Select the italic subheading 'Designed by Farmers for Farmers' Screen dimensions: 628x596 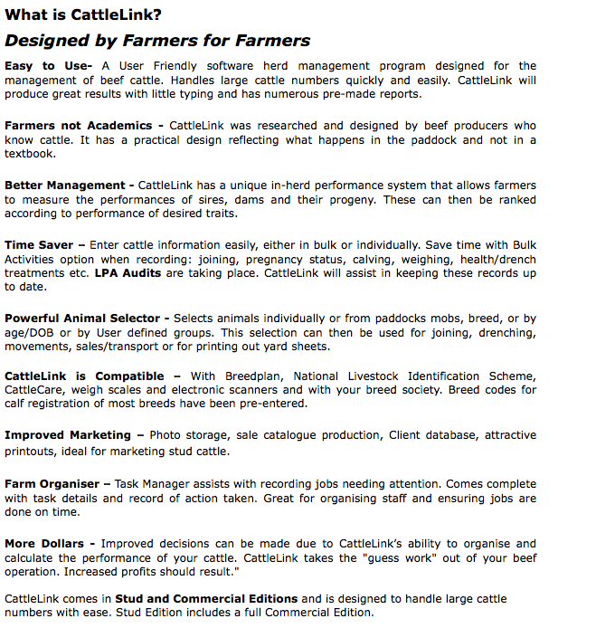click(x=157, y=41)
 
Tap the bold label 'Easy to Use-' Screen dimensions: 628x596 click(x=48, y=66)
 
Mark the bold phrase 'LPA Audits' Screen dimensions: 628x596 click(x=128, y=272)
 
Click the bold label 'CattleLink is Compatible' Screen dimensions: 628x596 click(x=84, y=376)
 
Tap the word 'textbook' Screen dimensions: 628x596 click(x=30, y=154)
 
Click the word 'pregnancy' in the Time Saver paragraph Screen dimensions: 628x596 click(x=291, y=259)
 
